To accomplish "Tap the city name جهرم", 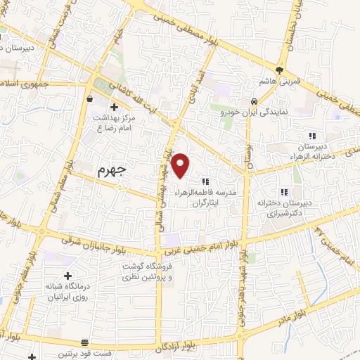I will [x=110, y=171].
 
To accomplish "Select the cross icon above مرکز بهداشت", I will [x=115, y=106].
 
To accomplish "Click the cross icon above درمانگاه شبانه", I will [x=67, y=276].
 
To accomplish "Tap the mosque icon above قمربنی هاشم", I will [x=279, y=70].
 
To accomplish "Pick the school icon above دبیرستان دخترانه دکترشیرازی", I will [x=284, y=192].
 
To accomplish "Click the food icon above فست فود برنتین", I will [x=85, y=342].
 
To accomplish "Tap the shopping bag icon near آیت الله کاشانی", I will [x=91, y=100].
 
